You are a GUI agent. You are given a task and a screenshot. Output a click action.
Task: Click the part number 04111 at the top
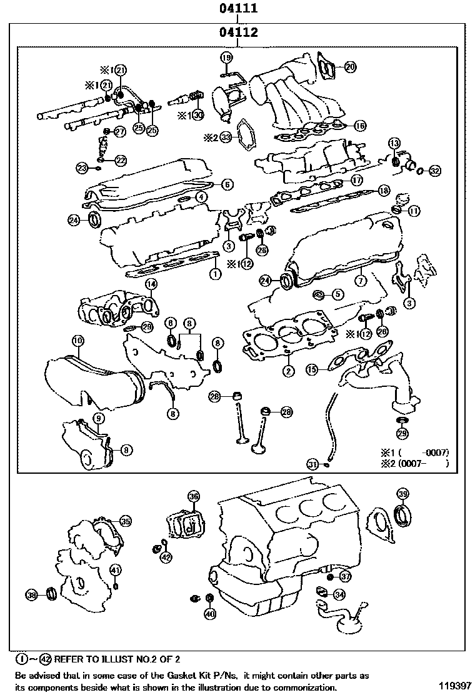[x=239, y=9]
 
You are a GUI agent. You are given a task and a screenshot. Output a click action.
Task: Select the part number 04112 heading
[x=239, y=32]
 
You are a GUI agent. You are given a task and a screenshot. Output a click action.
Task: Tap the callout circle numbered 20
[x=350, y=66]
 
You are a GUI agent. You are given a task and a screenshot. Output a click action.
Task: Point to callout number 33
[x=226, y=136]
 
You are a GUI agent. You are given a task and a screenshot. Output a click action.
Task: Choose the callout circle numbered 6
[x=227, y=184]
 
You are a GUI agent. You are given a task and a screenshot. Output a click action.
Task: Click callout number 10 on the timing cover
[x=77, y=341]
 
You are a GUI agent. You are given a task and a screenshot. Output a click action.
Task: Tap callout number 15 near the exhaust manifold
[x=312, y=370]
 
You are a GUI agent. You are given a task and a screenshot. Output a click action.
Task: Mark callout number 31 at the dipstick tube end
[x=312, y=463]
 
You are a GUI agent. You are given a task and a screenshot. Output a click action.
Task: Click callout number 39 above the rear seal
[x=403, y=494]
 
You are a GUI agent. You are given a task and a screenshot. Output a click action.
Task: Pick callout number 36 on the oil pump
[x=193, y=496]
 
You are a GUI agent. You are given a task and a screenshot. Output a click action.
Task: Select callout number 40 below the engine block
[x=210, y=614]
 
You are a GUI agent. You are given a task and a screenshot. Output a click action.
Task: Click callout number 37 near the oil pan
[x=346, y=576]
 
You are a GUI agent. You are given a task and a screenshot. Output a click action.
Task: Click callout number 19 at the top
[x=226, y=58]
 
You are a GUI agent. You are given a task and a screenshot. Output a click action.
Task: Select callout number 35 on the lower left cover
[x=126, y=521]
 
